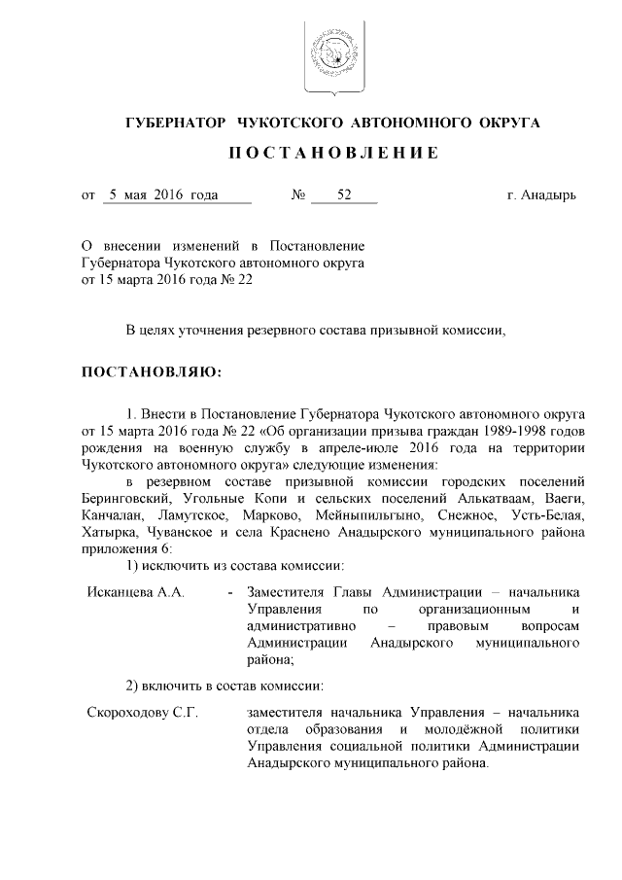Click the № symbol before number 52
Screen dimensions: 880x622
[298, 195]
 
